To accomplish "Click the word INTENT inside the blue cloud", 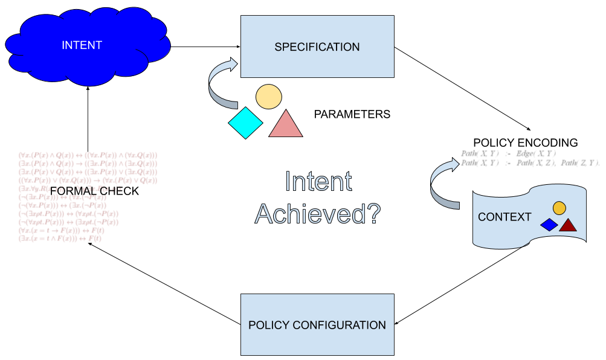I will click(x=82, y=45).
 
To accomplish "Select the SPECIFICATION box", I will click(x=317, y=47).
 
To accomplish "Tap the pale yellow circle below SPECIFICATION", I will click(x=268, y=97).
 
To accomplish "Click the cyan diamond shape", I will click(x=245, y=123).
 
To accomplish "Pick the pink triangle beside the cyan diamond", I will click(x=285, y=124).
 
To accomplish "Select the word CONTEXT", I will click(x=504, y=217).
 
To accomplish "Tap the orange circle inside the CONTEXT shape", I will click(x=559, y=208).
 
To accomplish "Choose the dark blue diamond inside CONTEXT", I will click(x=549, y=225).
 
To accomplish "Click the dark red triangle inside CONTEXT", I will click(x=568, y=225).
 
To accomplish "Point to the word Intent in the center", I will click(x=318, y=182).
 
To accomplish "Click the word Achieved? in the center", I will click(x=318, y=214).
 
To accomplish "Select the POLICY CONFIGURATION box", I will click(x=317, y=325).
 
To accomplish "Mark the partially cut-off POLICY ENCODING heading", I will click(x=525, y=145).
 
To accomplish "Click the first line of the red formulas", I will click(x=88, y=155).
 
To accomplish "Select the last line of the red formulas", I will click(x=60, y=239).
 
